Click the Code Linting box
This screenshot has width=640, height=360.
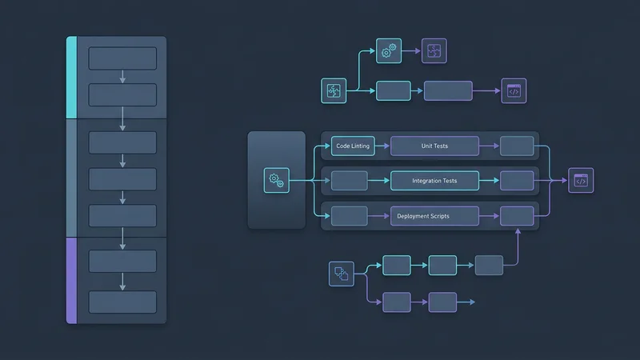(x=353, y=146)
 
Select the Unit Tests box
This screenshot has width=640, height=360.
(x=435, y=146)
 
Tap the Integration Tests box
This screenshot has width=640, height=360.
(x=435, y=181)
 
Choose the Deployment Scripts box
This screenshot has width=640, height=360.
(x=435, y=216)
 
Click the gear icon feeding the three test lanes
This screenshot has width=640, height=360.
(x=276, y=181)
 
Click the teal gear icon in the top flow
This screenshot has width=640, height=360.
(x=388, y=51)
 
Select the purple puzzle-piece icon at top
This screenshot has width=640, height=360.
(x=434, y=51)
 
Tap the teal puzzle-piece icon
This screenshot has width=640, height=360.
(x=334, y=90)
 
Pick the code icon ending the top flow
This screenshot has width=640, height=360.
(x=514, y=90)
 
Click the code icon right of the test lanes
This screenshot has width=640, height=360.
(x=581, y=181)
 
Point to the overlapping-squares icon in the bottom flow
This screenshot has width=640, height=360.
(x=342, y=274)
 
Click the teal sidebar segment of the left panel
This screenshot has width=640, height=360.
(x=71, y=78)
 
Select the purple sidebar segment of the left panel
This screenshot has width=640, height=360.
(x=71, y=280)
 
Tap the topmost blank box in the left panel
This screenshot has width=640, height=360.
(x=122, y=58)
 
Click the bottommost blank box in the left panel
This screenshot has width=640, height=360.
(x=122, y=302)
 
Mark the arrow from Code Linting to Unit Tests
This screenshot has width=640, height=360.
(x=382, y=146)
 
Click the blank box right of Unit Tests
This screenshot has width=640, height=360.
(x=517, y=146)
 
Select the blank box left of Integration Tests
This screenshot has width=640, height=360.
(x=349, y=181)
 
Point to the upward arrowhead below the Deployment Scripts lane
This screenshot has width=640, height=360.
(x=518, y=231)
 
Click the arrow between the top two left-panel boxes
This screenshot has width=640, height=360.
(x=122, y=77)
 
